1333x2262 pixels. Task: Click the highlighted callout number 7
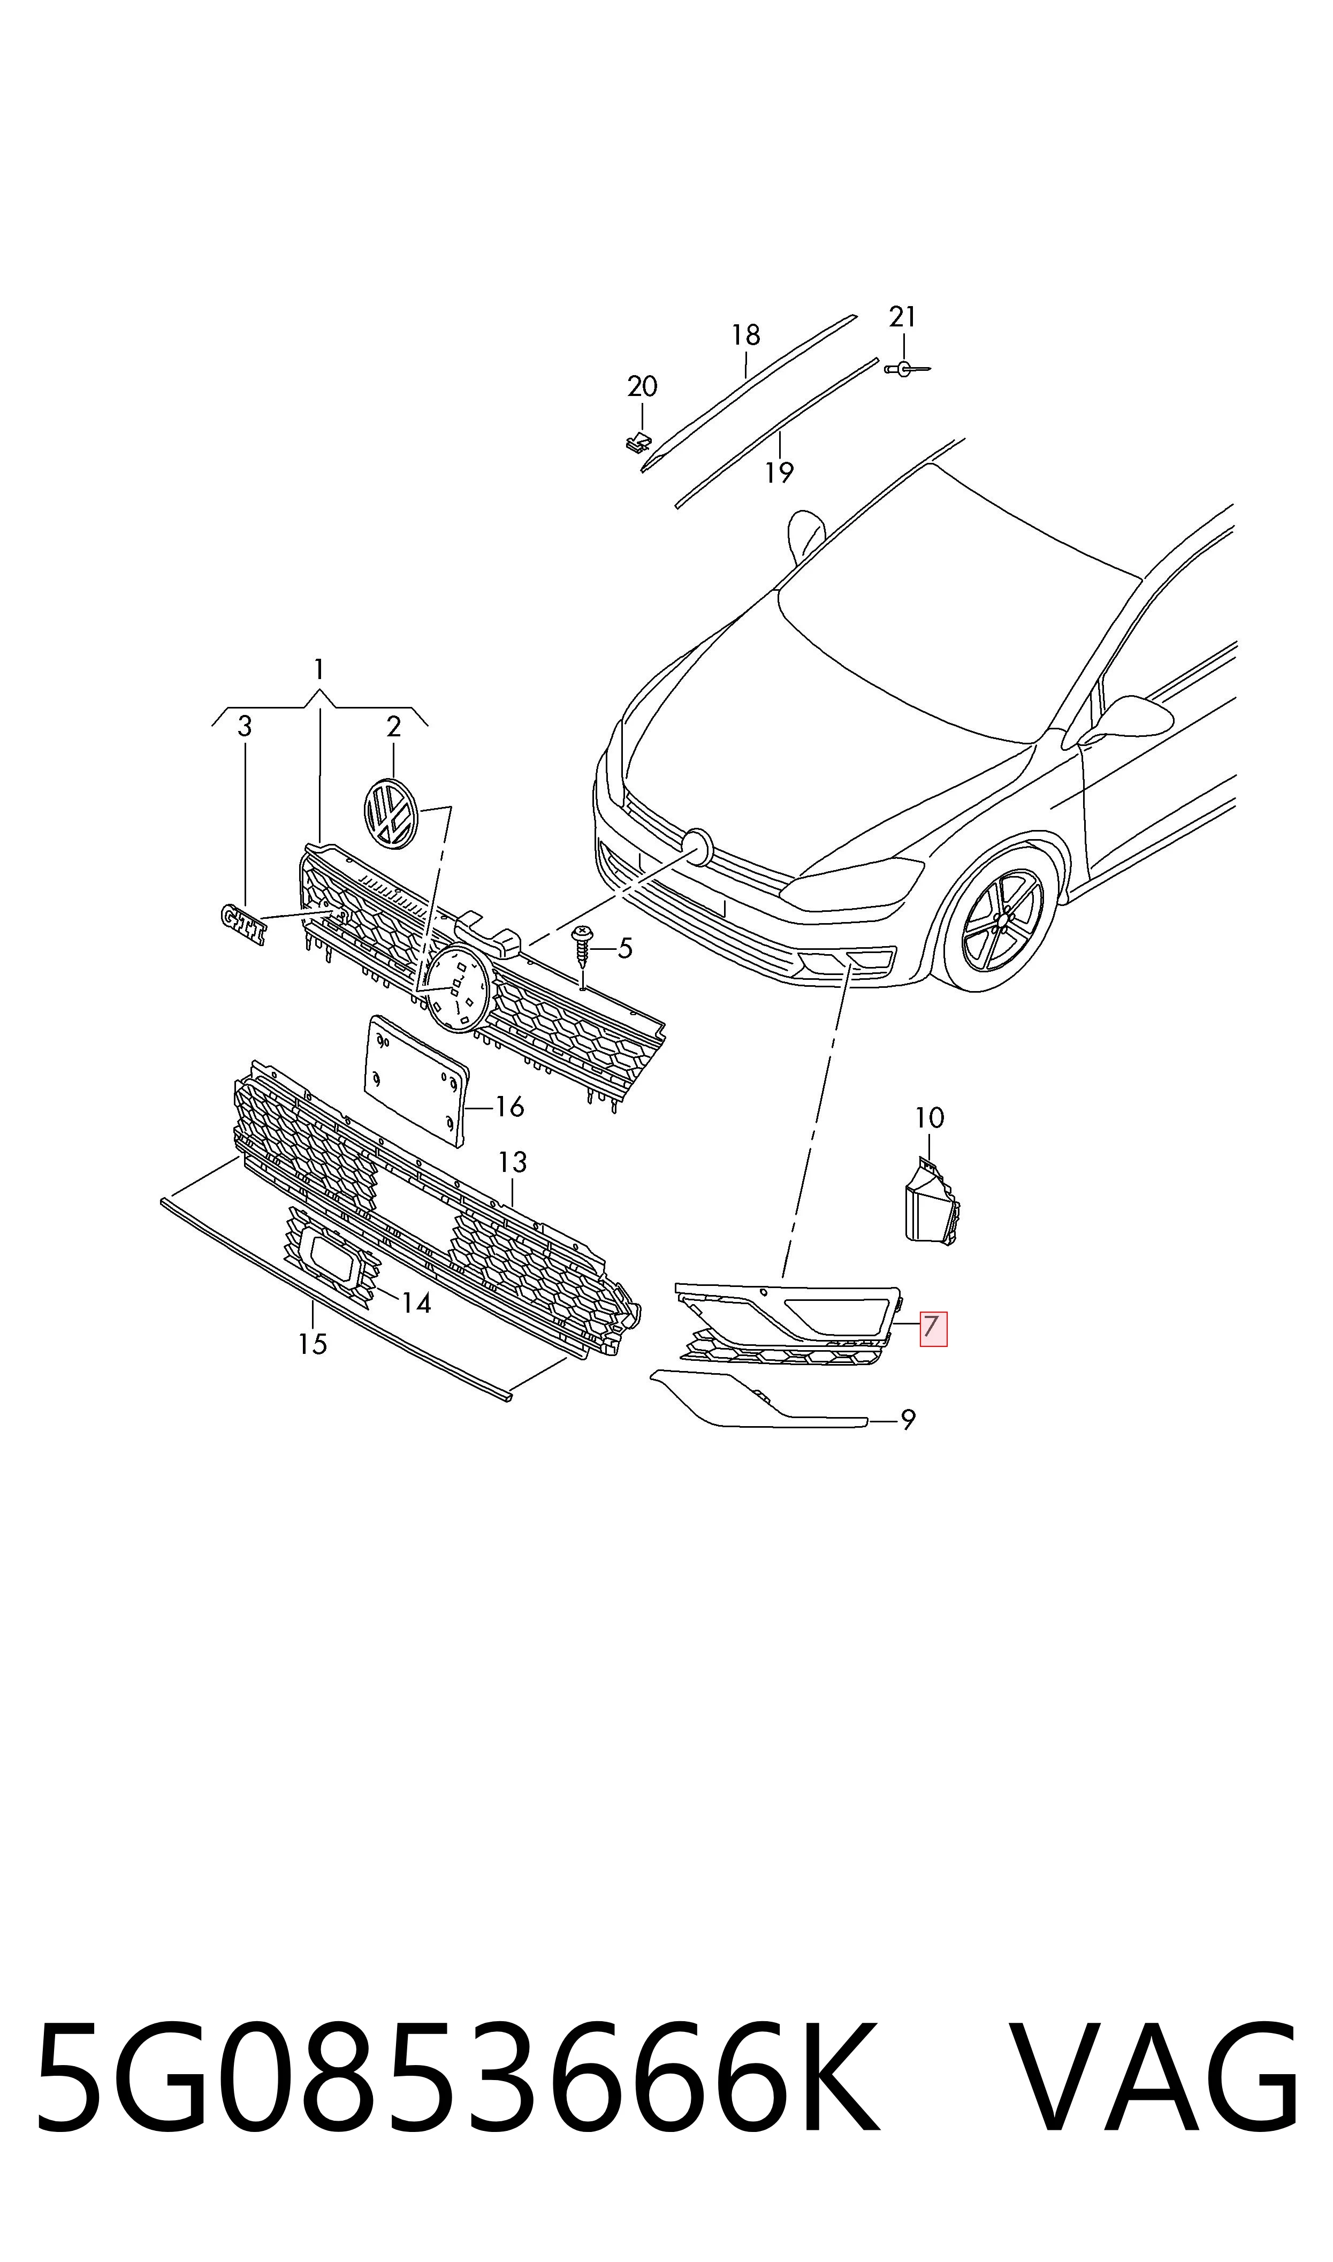932,1327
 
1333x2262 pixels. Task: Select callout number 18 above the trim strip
745,335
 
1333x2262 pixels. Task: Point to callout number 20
642,387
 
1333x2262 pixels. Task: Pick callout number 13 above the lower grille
512,1162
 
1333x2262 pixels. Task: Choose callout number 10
930,1118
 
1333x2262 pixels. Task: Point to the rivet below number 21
905,368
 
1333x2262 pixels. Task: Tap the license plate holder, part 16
415,1081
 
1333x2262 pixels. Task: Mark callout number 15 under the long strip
313,1344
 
